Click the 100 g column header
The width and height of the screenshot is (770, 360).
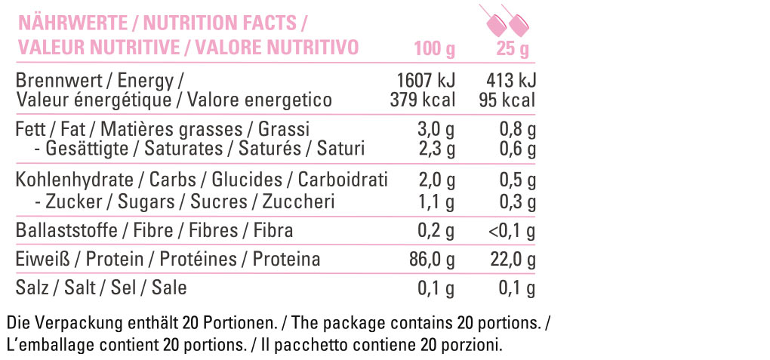tap(435, 49)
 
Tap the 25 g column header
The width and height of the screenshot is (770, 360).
tap(512, 49)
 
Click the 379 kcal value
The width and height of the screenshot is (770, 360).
tap(423, 100)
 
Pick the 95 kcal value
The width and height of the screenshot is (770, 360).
tap(507, 100)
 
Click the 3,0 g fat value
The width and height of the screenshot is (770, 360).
tap(437, 130)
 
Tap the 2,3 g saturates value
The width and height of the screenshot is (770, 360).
tap(437, 149)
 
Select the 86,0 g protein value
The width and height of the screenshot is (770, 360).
tap(433, 260)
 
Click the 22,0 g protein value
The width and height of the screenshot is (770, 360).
tap(512, 260)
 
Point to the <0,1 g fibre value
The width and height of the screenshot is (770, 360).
tap(511, 231)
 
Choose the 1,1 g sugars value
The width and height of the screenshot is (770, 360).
tap(437, 202)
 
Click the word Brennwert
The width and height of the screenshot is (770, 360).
tap(59, 81)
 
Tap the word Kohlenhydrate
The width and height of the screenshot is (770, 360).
tap(75, 180)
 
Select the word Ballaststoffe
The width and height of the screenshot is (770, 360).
tap(66, 230)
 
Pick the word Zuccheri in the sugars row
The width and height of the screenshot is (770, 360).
tap(299, 202)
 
